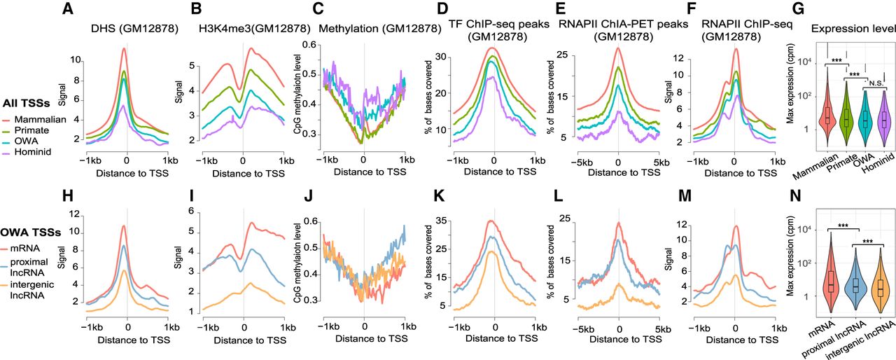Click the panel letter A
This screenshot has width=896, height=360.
coord(67,10)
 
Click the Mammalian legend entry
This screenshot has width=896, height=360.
coord(44,119)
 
